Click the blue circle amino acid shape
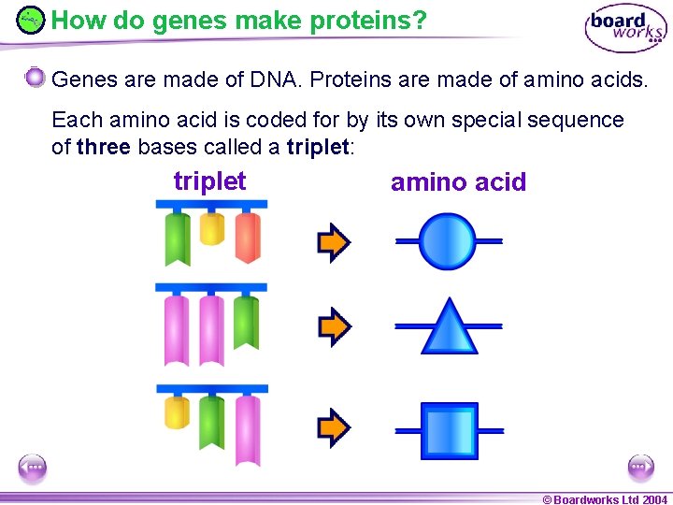pos(449,241)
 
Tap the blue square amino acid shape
pos(450,431)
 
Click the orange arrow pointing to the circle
pos(334,242)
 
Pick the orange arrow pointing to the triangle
pos(334,326)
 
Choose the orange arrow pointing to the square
pos(334,428)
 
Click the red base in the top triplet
pos(248,237)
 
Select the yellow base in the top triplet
pos(212,228)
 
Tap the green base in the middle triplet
pos(247,323)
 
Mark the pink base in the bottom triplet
pos(248,429)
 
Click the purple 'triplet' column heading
pos(209,181)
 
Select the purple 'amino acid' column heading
pos(458,182)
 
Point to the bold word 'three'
pos(103,147)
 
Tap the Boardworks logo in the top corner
pos(625,28)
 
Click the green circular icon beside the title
pos(31,20)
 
